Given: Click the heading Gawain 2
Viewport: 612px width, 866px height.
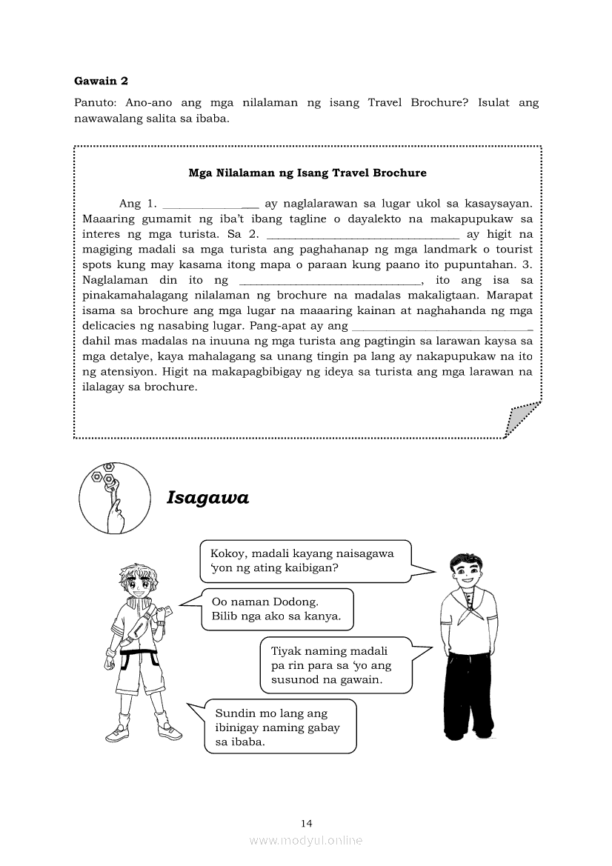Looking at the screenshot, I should (x=101, y=81).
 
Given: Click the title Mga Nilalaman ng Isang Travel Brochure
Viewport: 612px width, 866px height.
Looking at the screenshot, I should (x=307, y=173).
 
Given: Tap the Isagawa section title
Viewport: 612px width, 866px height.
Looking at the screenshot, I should (x=207, y=498).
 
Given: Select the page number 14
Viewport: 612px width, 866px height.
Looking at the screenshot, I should (x=307, y=822).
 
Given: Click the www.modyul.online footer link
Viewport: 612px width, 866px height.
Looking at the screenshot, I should (x=306, y=840).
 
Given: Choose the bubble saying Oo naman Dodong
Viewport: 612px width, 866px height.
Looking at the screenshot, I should (x=276, y=609).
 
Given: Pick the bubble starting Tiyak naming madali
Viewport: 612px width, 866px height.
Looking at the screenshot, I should (x=336, y=665).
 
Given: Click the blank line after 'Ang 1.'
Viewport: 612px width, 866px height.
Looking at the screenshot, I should (x=210, y=204).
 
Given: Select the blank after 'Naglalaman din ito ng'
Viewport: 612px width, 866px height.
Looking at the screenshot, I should (x=330, y=281).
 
